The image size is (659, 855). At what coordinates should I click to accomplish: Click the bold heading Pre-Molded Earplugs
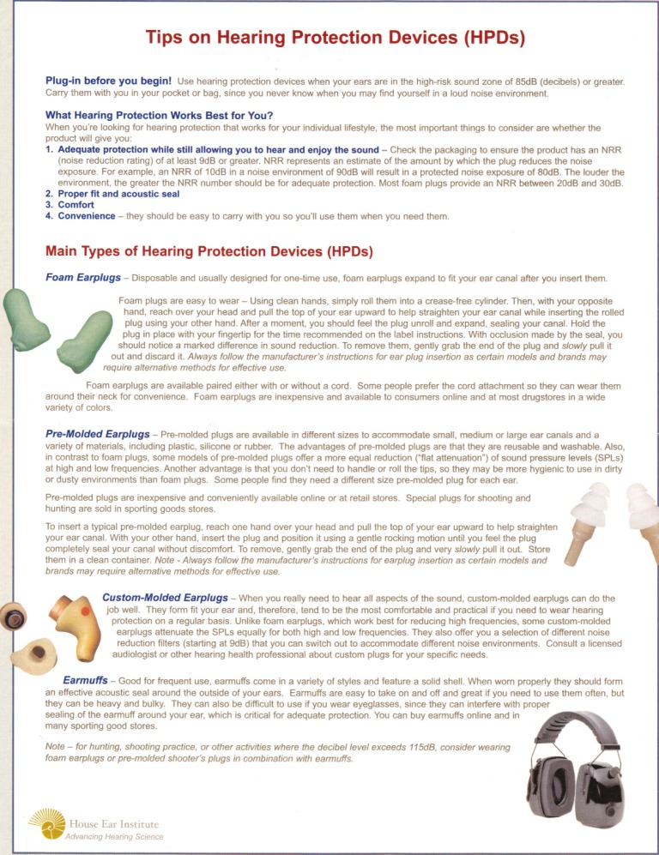point(100,435)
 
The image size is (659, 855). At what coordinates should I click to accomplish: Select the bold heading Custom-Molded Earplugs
point(165,596)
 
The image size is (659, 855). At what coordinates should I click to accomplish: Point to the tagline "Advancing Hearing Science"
point(114,837)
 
